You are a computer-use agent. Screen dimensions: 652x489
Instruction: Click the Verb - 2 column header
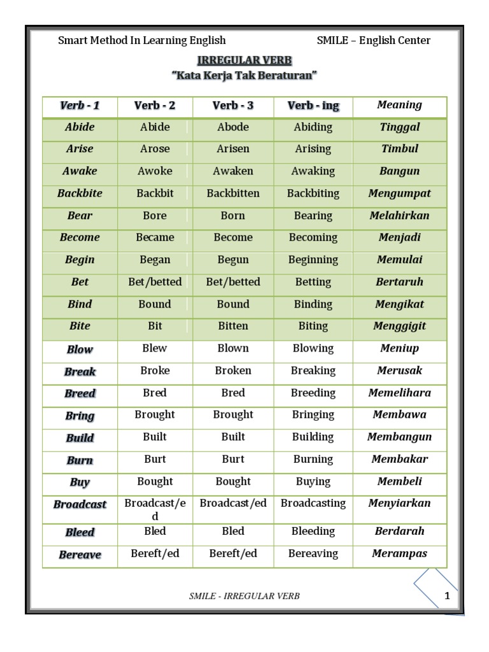tap(155, 106)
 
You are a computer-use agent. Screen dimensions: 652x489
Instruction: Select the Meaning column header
tap(399, 105)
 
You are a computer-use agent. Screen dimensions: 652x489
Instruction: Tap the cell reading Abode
tap(233, 127)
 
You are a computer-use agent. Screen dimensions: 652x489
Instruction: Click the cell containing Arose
tap(155, 149)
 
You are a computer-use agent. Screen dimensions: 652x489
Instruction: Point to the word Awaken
tap(233, 171)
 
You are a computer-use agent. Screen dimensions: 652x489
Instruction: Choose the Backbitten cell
tap(233, 193)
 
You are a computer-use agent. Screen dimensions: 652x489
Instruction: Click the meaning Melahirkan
tap(399, 215)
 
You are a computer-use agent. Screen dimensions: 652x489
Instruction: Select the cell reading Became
tap(155, 237)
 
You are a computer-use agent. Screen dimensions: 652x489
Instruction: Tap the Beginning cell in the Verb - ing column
tap(313, 260)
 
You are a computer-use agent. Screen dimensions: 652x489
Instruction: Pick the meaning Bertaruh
tap(399, 281)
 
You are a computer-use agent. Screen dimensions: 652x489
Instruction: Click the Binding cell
tap(313, 304)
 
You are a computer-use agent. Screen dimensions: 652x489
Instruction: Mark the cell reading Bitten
tap(233, 326)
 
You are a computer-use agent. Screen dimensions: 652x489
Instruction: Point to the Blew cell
tap(155, 348)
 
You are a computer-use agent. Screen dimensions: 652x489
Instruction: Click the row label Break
tap(80, 372)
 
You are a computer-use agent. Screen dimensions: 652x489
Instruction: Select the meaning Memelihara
tap(399, 393)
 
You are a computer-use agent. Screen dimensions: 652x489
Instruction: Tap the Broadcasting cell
tap(313, 503)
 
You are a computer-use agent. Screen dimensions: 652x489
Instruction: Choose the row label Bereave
tap(80, 555)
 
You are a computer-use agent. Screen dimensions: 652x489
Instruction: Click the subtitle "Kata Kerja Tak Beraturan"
tap(244, 76)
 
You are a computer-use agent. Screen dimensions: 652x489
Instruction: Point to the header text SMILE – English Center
tap(373, 41)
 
